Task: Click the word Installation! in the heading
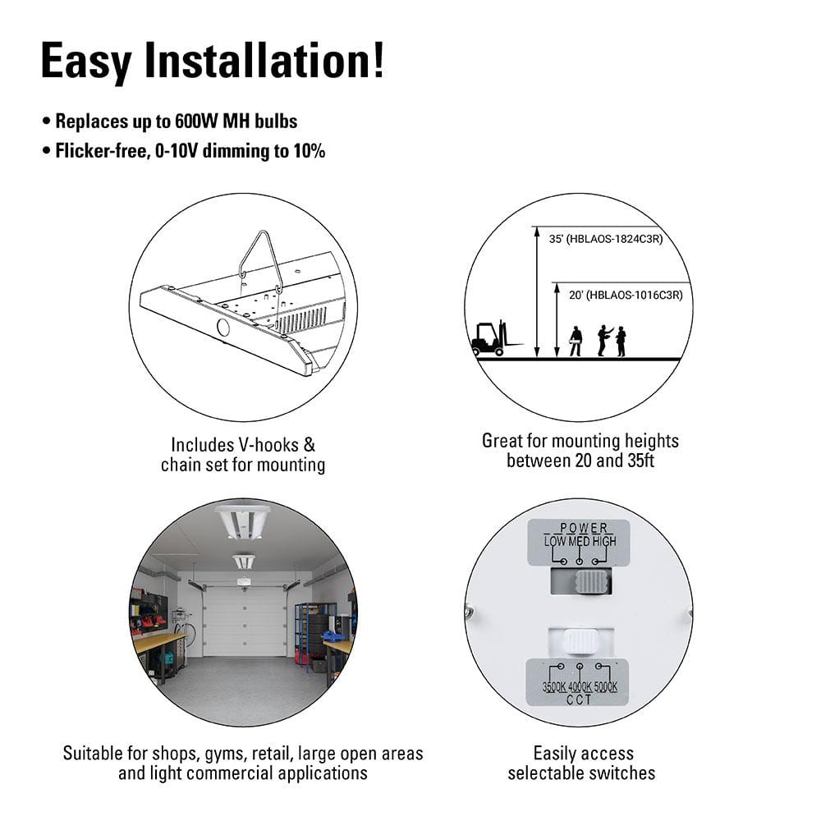click(264, 61)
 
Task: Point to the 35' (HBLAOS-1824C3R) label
click(606, 239)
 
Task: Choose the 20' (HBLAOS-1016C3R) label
click(626, 296)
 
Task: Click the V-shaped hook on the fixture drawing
click(260, 260)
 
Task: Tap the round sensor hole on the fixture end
click(223, 328)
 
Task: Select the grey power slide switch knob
click(594, 582)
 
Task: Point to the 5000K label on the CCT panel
click(606, 686)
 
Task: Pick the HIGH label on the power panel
click(604, 541)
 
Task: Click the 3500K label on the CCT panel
click(554, 686)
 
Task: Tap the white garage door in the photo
click(245, 621)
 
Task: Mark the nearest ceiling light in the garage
click(242, 522)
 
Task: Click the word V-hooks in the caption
click(268, 445)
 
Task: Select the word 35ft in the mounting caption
click(640, 461)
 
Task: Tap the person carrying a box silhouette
click(576, 342)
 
